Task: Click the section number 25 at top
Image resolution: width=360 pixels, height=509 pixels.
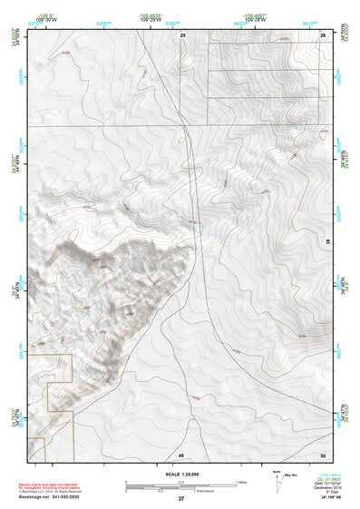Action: click(x=182, y=34)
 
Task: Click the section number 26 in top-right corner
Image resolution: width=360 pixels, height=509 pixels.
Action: click(x=324, y=34)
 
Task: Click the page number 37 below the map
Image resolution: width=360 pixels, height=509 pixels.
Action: click(x=181, y=498)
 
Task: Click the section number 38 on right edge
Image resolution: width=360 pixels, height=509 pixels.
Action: click(x=328, y=240)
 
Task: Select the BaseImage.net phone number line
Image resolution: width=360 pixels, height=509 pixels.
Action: click(x=50, y=496)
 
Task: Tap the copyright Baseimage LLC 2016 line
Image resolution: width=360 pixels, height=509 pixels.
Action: click(x=51, y=491)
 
